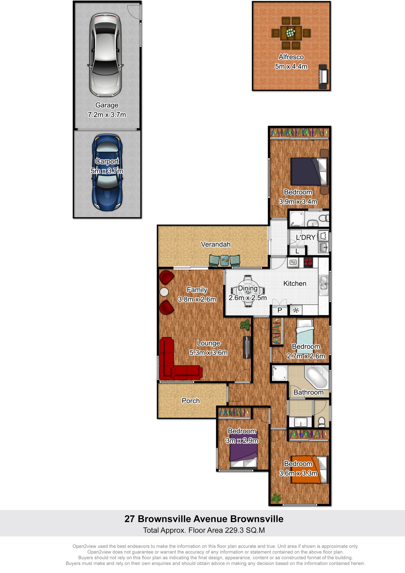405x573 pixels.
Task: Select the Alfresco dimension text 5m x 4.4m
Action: [291, 67]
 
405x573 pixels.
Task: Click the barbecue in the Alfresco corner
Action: [323, 76]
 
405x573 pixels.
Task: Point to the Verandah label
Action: [215, 244]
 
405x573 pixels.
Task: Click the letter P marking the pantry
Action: [280, 310]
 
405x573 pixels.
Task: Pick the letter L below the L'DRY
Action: [297, 251]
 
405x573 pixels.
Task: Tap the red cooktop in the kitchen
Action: [308, 262]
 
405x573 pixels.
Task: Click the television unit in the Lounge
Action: [247, 347]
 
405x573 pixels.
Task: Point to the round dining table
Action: [248, 291]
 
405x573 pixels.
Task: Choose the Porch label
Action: [191, 401]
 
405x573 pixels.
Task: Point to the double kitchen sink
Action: [323, 283]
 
